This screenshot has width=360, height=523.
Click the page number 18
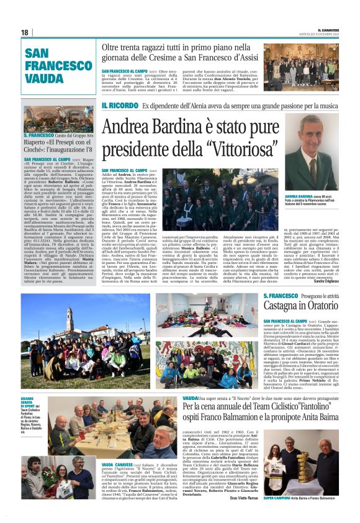24,32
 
